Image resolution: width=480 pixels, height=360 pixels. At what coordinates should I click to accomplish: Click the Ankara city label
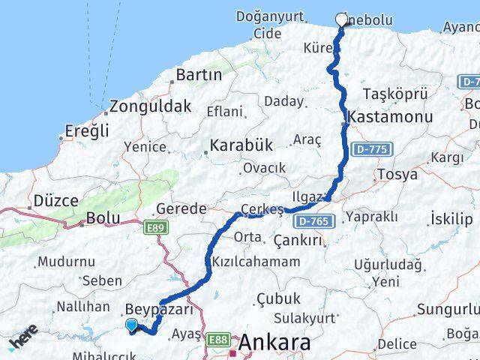click(274, 343)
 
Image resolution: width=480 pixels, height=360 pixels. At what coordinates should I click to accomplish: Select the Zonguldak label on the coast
click(150, 106)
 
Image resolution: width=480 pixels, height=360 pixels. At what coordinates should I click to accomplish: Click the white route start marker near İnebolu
click(342, 20)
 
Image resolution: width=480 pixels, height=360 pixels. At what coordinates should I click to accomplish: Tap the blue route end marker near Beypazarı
click(132, 325)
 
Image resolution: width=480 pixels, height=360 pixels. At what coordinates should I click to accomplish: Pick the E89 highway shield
click(157, 226)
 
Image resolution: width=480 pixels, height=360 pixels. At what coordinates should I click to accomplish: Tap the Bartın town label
click(198, 75)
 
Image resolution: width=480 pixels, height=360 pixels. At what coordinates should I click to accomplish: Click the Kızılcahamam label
click(256, 262)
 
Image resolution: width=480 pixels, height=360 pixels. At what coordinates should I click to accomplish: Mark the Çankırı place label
click(298, 240)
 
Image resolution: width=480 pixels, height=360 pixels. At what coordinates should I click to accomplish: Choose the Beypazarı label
click(160, 309)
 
